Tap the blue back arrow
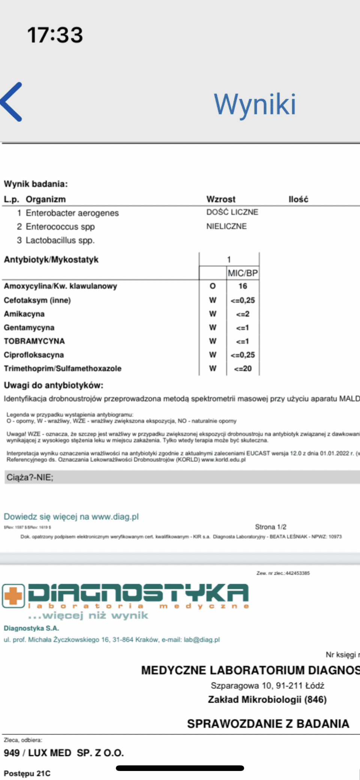(12, 102)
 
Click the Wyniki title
(255, 104)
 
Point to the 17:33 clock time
(55, 35)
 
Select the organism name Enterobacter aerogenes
(72, 213)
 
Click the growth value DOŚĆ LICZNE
(232, 212)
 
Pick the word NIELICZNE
(226, 226)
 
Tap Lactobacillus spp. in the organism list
(60, 240)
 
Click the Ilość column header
(298, 199)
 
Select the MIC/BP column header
(243, 273)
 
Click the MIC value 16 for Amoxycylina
(243, 286)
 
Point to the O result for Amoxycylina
(213, 286)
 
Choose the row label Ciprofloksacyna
(34, 355)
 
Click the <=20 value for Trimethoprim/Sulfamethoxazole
(243, 369)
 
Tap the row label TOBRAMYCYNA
(34, 341)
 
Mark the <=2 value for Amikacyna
(243, 314)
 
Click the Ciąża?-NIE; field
(30, 477)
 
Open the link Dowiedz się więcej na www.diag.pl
(71, 517)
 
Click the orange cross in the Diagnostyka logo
(13, 595)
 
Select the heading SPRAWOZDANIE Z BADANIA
(268, 724)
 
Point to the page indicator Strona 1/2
(270, 527)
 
